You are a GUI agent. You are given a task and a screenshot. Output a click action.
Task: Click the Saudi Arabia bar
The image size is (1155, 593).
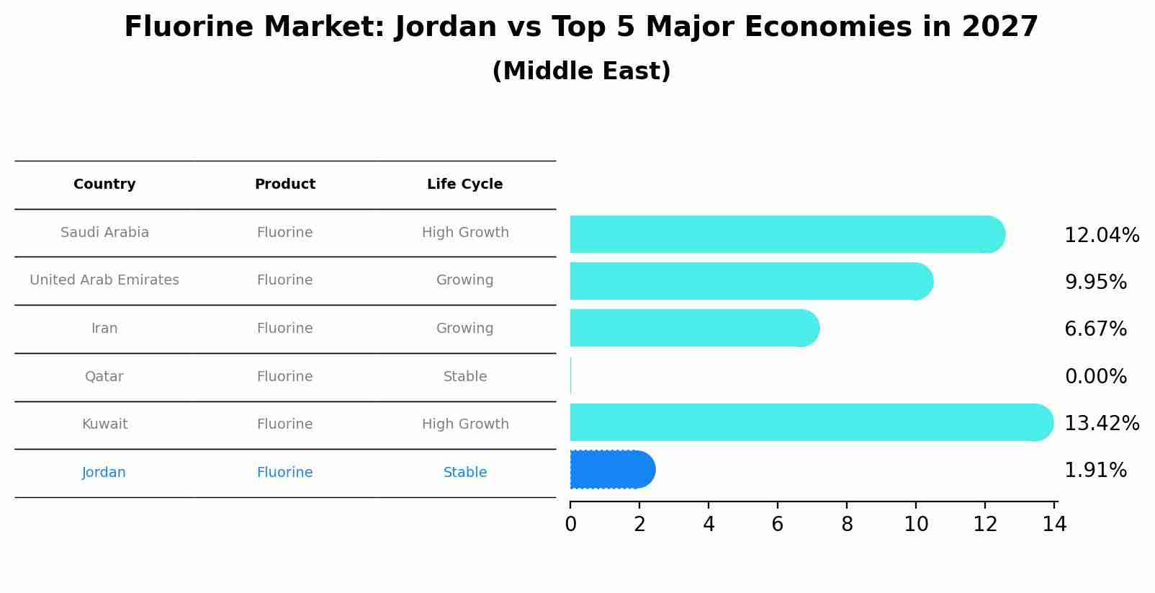tap(785, 234)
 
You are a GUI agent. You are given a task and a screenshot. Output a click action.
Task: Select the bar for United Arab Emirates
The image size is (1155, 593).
tap(749, 281)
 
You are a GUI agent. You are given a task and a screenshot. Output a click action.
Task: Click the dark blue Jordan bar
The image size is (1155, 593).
tap(611, 470)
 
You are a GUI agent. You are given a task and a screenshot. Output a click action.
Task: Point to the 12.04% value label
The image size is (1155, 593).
tap(1101, 236)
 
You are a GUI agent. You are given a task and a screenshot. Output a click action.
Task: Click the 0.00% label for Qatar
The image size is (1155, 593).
tap(1095, 377)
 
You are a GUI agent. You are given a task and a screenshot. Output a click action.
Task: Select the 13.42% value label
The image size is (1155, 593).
tap(1101, 424)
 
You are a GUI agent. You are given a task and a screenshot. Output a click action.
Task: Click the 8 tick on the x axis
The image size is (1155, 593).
tap(847, 525)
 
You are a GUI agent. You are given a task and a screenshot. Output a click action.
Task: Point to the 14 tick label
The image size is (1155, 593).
tap(1054, 525)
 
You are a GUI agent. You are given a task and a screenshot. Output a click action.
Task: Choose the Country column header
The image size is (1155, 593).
tap(104, 184)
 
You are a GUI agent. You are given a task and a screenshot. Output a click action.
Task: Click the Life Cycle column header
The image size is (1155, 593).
tap(464, 184)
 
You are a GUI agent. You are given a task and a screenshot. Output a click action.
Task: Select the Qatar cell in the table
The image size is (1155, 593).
tap(104, 377)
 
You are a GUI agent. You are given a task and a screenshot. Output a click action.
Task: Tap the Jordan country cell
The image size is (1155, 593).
tap(104, 473)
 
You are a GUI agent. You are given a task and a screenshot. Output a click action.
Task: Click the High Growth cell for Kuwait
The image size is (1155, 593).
tap(465, 424)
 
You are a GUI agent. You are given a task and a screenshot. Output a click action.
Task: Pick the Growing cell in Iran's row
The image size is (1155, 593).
tap(464, 329)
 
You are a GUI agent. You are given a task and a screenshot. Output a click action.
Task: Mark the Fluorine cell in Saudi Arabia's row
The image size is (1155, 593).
tap(284, 233)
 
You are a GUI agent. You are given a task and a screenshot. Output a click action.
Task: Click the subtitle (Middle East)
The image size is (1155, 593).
tap(581, 71)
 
